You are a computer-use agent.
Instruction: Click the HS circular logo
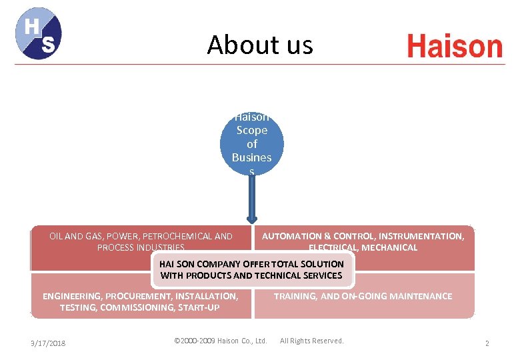coord(39,33)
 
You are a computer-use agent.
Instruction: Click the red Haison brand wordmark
coord(454,47)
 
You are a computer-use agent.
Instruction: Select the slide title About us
coord(259,45)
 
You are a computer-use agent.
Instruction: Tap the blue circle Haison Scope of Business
coord(252,144)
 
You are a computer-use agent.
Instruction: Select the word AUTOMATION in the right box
coord(291,236)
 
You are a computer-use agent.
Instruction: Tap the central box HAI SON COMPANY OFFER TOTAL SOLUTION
coord(251,269)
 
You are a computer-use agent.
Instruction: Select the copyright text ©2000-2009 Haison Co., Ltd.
coord(220,341)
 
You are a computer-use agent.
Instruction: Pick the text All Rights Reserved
coord(311,341)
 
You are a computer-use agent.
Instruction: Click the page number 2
coord(487,343)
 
